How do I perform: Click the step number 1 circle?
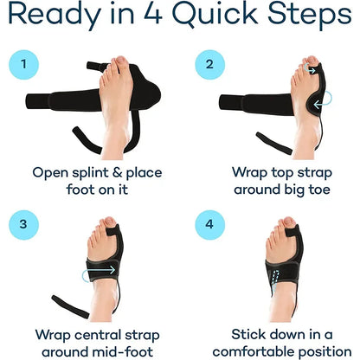click(x=25, y=65)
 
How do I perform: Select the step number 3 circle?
click(x=25, y=223)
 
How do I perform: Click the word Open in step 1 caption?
click(x=51, y=171)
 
